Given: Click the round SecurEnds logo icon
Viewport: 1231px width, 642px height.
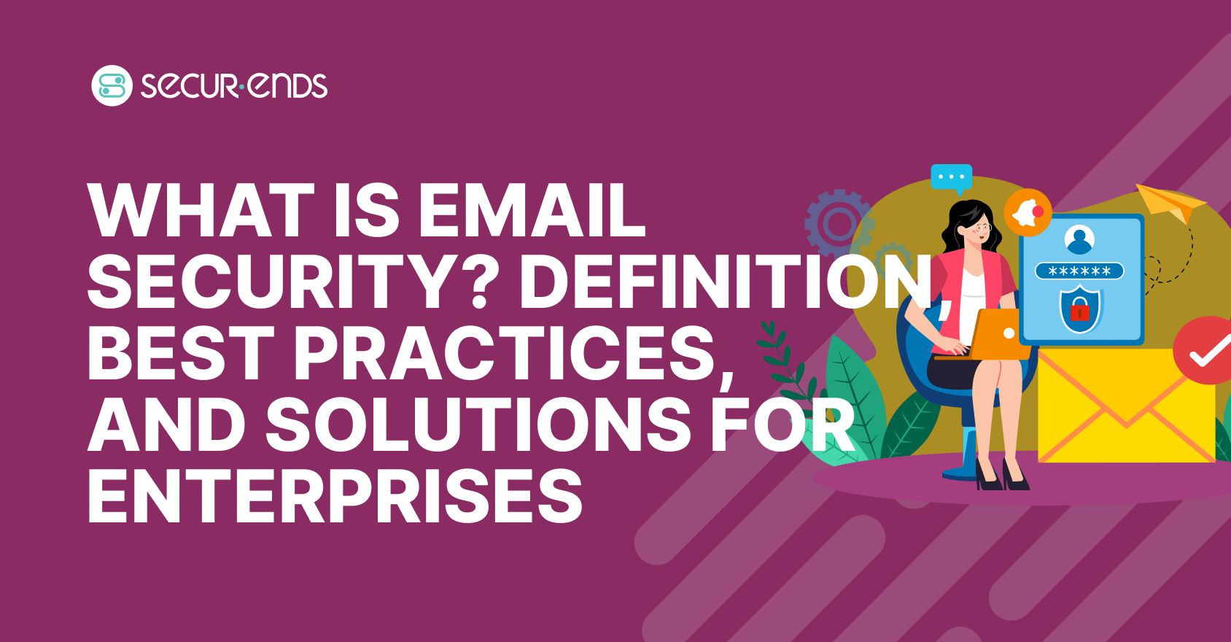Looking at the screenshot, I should coord(112,85).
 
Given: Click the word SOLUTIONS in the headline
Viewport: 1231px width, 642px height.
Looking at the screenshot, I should coord(478,425).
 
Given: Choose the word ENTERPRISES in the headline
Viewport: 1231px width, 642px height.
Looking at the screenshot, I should coord(335,496).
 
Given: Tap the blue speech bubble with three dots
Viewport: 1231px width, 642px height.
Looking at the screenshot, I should coord(952,177).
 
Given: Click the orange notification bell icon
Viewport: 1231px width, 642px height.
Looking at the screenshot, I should coord(1028,212).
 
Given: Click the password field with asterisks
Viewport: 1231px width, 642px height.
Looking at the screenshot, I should coord(1079,271).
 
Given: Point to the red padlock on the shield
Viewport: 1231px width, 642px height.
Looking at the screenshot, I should coord(1079,312).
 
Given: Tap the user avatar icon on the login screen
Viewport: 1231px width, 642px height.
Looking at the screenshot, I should coord(1079,239).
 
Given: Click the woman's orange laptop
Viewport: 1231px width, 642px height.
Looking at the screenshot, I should coord(995,335).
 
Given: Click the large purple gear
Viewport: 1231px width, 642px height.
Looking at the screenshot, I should coord(839,223).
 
